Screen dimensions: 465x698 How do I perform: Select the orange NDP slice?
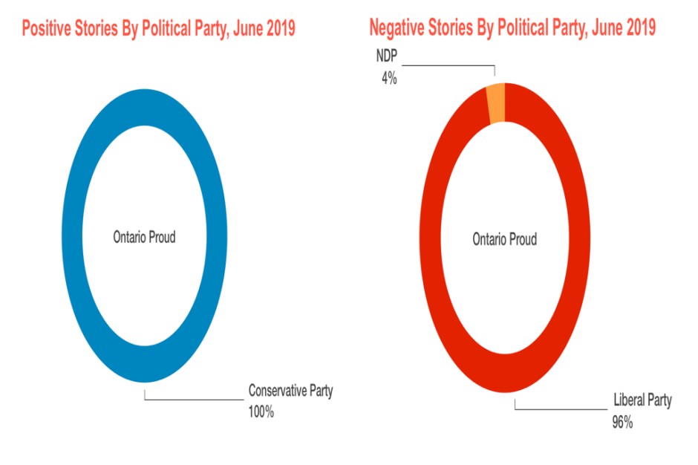pyautogui.click(x=496, y=103)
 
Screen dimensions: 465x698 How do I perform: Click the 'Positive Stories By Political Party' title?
pyautogui.click(x=159, y=28)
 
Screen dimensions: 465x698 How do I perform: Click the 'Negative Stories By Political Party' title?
pyautogui.click(x=512, y=28)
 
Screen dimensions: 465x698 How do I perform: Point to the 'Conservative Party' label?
pyautogui.click(x=290, y=391)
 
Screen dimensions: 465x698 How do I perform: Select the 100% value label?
pyautogui.click(x=261, y=412)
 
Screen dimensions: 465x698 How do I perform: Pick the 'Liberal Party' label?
pyautogui.click(x=642, y=401)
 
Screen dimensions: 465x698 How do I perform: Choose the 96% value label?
pyautogui.click(x=622, y=422)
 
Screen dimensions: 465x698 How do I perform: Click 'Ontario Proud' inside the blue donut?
pyautogui.click(x=144, y=238)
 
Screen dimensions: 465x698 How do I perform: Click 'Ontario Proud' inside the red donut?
pyautogui.click(x=504, y=239)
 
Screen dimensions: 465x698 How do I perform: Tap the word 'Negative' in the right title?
pyautogui.click(x=402, y=28)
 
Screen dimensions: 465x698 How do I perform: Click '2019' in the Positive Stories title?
pyautogui.click(x=278, y=28)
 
